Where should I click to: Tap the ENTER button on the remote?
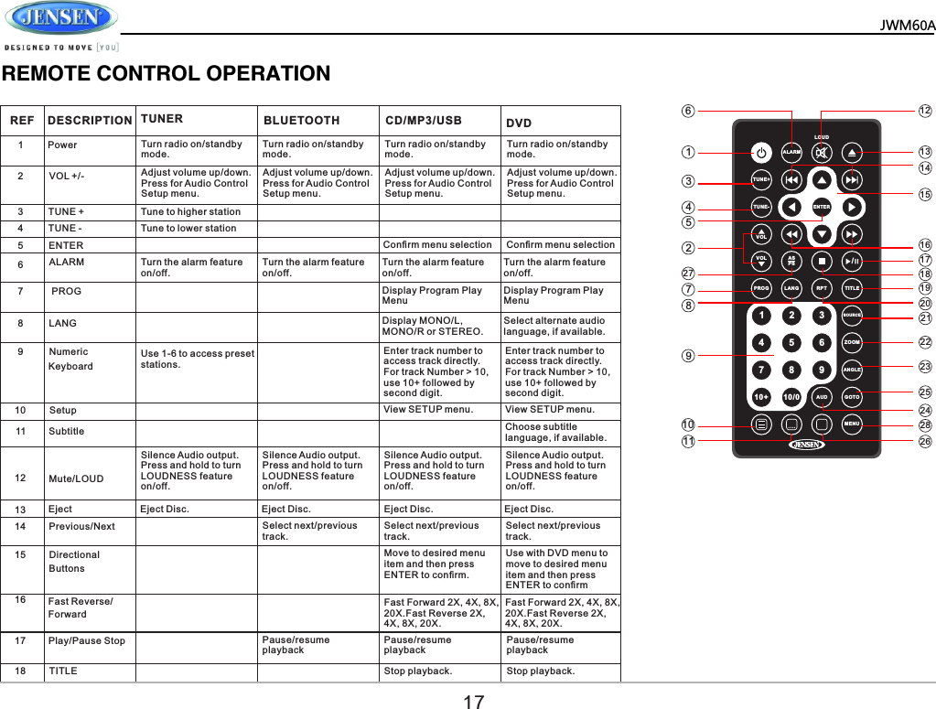coord(822,207)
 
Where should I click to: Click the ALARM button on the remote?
coord(791,152)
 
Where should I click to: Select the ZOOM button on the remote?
coord(851,342)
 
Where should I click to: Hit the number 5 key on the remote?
coord(791,343)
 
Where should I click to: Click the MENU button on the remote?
coord(851,424)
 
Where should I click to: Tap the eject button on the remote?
coord(852,152)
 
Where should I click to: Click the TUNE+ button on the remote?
coord(761,179)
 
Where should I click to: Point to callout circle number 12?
coord(925,111)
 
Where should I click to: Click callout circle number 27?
coord(688,274)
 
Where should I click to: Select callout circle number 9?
coord(688,356)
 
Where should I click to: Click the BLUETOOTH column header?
coord(302,120)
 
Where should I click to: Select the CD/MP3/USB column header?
coord(423,120)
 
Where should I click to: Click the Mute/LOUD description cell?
coord(76,478)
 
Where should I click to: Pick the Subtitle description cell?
coord(66,431)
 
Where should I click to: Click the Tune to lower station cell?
coord(188,228)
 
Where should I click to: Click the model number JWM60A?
coord(908,25)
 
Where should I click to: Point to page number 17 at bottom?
coord(473,702)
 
